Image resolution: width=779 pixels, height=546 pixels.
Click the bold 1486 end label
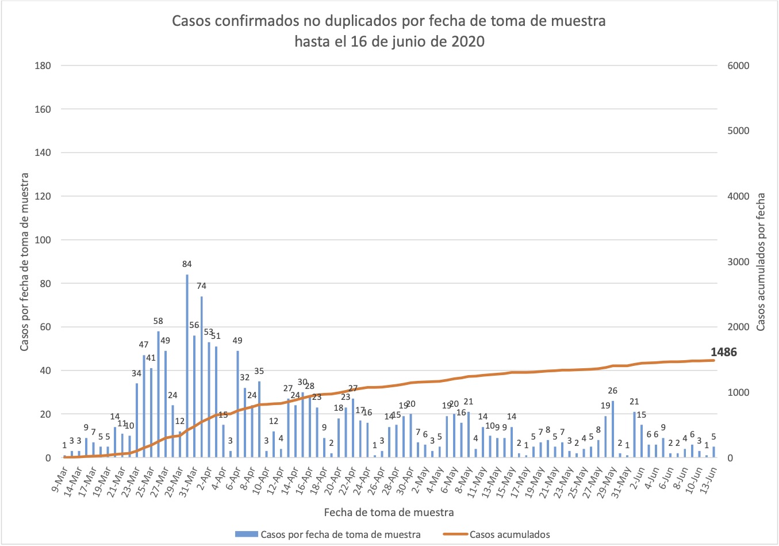(x=723, y=352)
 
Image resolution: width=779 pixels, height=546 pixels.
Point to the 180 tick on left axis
(x=43, y=66)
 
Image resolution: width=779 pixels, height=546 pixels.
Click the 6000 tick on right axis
(x=738, y=66)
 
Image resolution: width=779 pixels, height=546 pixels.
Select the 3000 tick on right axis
(x=738, y=262)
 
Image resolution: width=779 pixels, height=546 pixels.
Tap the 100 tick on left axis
(x=43, y=240)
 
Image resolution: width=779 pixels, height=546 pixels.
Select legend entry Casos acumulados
(x=509, y=534)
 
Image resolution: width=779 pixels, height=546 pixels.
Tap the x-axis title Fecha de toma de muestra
(x=389, y=512)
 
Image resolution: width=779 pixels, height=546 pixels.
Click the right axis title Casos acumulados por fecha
(x=761, y=262)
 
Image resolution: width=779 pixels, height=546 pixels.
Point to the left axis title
(x=25, y=262)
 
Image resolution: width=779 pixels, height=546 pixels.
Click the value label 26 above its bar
(x=612, y=391)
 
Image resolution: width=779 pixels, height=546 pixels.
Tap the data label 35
(x=259, y=371)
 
